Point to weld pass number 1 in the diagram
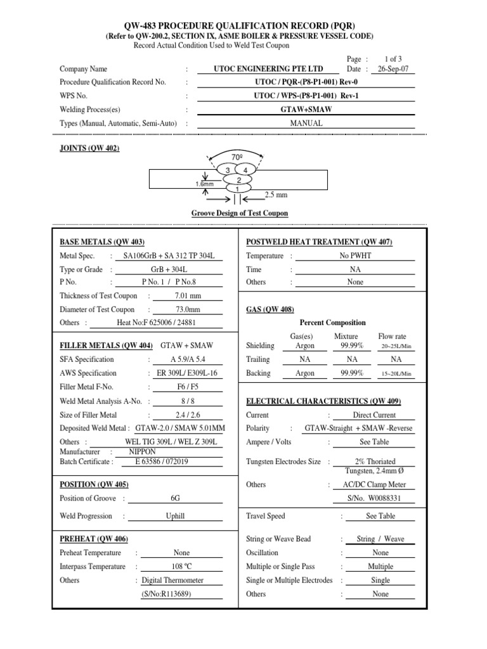coord(237,189)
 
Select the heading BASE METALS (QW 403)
coord(102,242)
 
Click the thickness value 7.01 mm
coord(188,296)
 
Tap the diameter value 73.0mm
coord(188,309)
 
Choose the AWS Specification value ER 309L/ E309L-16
coord(188,373)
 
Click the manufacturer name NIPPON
coord(142,452)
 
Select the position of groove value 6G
coord(175,498)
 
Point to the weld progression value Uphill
coord(175,516)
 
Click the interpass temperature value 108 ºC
coord(181,567)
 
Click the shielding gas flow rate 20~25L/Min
coord(396,346)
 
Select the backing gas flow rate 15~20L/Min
coord(396,374)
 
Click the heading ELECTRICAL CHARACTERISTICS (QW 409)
coord(323,401)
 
